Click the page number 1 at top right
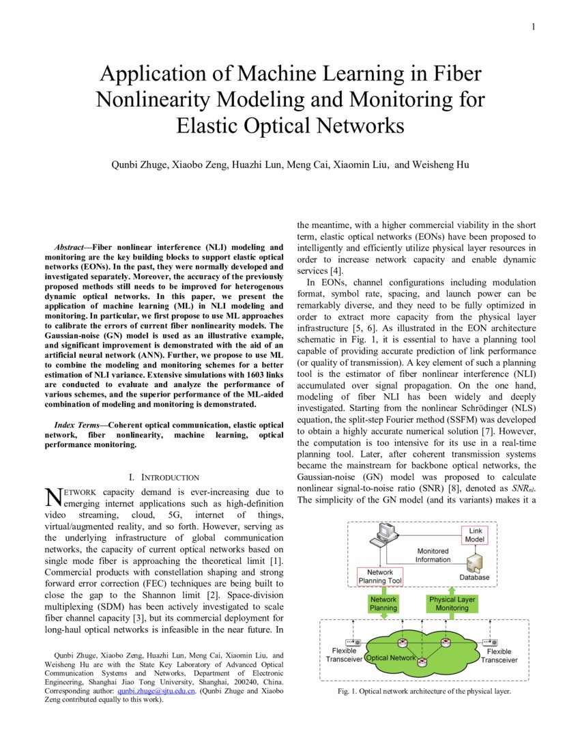[533, 27]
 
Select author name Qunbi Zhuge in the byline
[139, 165]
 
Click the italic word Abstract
[71, 246]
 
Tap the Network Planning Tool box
[380, 576]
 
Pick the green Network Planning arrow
[383, 605]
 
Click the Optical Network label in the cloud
[390, 657]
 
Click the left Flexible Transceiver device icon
[353, 642]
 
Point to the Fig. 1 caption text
[424, 691]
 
